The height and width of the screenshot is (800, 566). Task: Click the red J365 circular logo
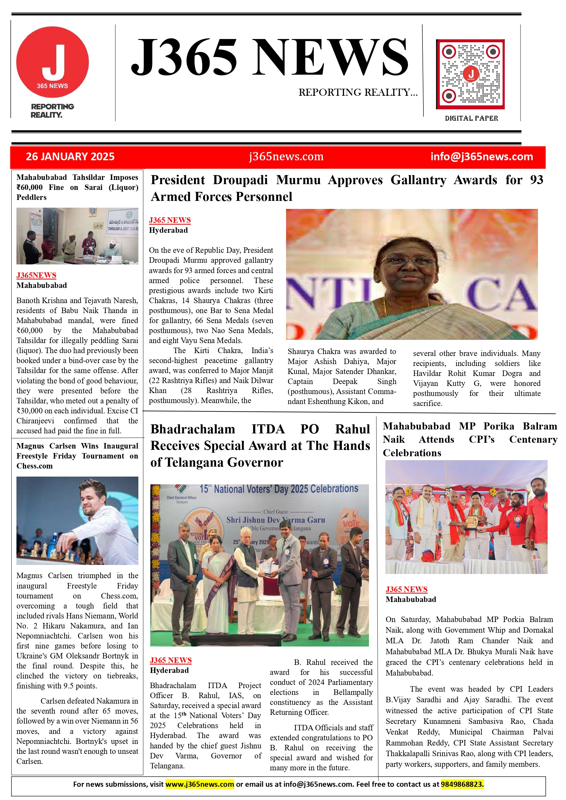52,62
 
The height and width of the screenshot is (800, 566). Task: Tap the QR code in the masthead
470,74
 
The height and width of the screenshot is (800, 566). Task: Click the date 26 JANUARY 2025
70,157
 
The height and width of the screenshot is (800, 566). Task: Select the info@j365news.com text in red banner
481,157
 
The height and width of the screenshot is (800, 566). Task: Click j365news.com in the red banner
286,157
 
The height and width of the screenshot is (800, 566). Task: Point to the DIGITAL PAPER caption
471,118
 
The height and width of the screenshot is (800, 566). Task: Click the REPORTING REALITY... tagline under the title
358,92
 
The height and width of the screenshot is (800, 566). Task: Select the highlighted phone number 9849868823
462,784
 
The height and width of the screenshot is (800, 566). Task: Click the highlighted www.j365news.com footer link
199,784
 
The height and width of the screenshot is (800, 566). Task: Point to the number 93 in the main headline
536,180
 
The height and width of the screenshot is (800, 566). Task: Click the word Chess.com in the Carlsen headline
35,466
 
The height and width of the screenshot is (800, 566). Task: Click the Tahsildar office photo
77,236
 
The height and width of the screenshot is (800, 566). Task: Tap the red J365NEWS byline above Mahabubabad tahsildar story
36,275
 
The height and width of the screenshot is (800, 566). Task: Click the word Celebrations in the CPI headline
412,453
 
